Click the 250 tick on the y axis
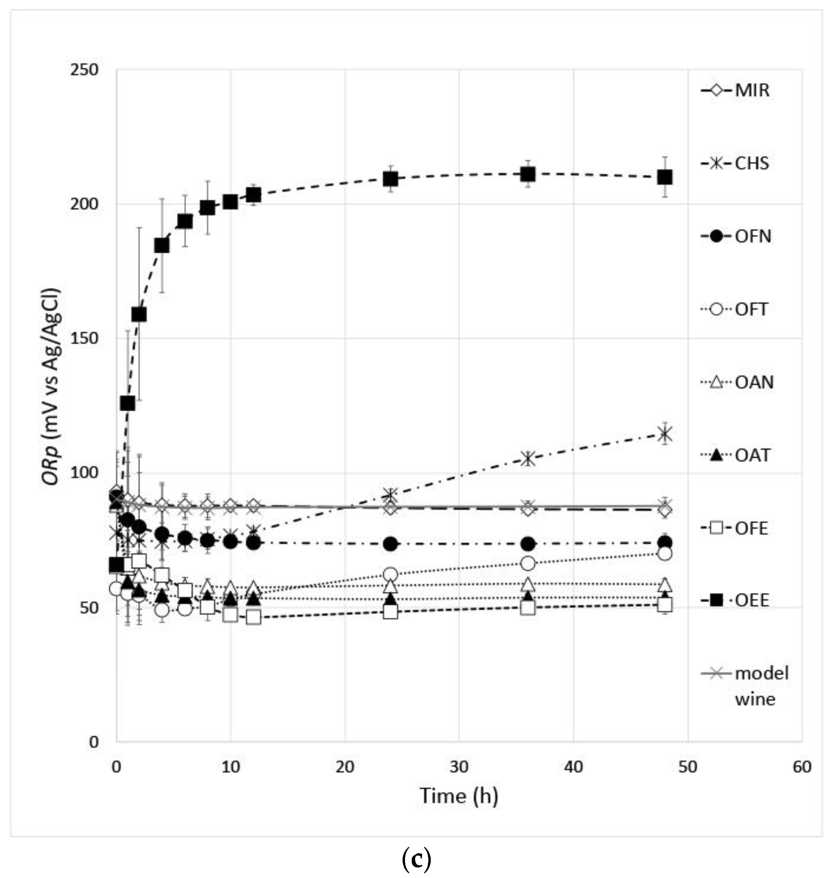click(84, 70)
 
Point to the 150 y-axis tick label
click(84, 338)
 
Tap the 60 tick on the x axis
click(801, 767)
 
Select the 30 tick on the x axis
click(459, 767)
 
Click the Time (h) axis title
click(459, 796)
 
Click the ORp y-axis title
click(50, 387)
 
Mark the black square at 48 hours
click(665, 177)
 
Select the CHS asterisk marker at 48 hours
click(665, 434)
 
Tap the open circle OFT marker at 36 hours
click(528, 563)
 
